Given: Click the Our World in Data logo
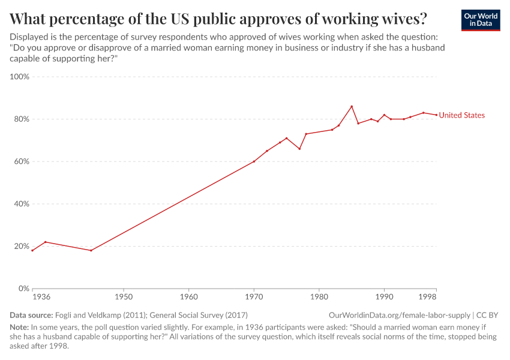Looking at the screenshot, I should [480, 20].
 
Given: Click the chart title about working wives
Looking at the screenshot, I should [218, 19].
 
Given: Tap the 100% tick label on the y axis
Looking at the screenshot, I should [20, 77].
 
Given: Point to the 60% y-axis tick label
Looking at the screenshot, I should [22, 161].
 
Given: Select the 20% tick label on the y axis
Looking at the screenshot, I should [22, 246].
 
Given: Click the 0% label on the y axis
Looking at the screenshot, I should [24, 288].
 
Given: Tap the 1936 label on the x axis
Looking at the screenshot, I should [41, 296].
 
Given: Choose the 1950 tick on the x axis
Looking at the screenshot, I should [124, 296].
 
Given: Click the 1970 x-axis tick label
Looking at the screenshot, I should [254, 296].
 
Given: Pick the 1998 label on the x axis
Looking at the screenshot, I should [428, 296].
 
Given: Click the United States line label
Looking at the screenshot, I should [461, 115].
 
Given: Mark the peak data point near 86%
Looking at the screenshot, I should [352, 106].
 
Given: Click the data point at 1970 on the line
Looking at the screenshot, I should [254, 161].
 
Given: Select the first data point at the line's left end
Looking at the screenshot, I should [32, 250].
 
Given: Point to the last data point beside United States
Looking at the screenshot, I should [436, 115].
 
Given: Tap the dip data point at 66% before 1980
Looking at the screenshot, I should [299, 149].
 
